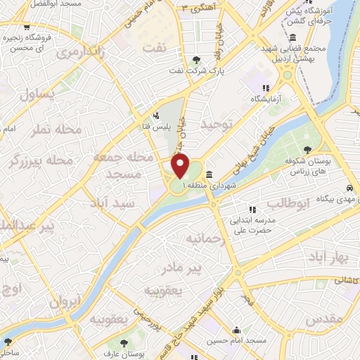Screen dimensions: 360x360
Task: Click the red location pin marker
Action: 181,167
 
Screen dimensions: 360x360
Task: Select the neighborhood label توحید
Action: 215,124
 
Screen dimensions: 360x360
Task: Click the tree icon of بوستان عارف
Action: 124,342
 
